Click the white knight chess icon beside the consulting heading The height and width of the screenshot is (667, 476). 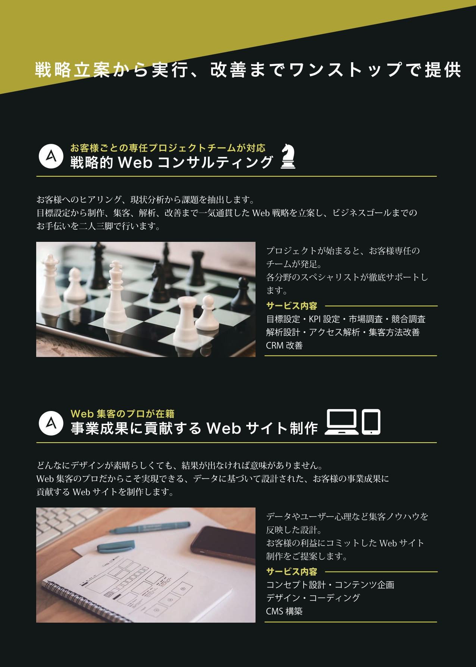(x=288, y=157)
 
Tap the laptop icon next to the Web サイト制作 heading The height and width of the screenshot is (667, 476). (x=342, y=422)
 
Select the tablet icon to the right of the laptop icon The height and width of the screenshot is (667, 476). (x=371, y=422)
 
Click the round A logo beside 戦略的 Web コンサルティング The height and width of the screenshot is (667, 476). (x=51, y=156)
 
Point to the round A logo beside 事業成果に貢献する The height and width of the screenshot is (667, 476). (x=51, y=423)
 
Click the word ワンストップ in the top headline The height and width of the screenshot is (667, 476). (x=346, y=70)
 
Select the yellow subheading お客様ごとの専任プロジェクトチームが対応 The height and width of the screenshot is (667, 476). (x=168, y=148)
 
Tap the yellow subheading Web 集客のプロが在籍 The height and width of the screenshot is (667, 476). (x=122, y=414)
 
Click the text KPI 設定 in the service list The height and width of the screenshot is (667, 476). (x=324, y=319)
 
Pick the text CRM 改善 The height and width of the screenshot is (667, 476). (x=284, y=345)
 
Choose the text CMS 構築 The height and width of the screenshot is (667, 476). (x=284, y=611)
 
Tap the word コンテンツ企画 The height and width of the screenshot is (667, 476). (x=364, y=585)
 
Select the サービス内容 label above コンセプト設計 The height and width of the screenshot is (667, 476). (x=292, y=572)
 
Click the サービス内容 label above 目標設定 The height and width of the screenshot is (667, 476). (x=292, y=306)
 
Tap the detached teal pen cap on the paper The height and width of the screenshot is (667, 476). (x=116, y=546)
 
